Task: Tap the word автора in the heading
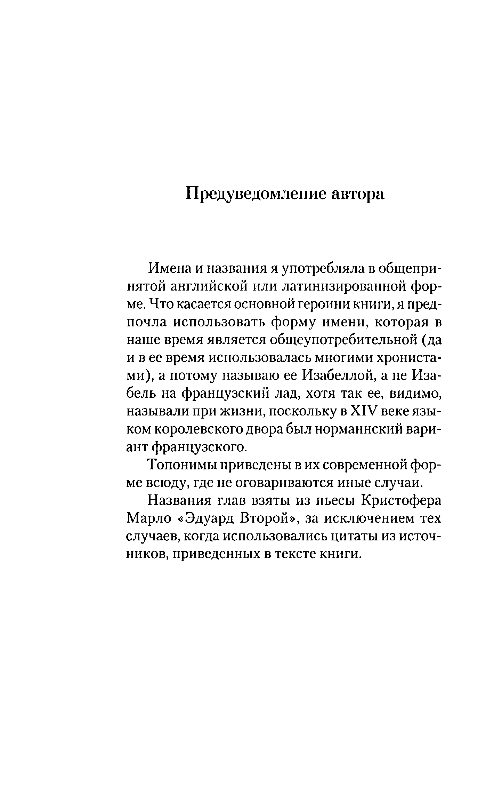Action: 358,194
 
